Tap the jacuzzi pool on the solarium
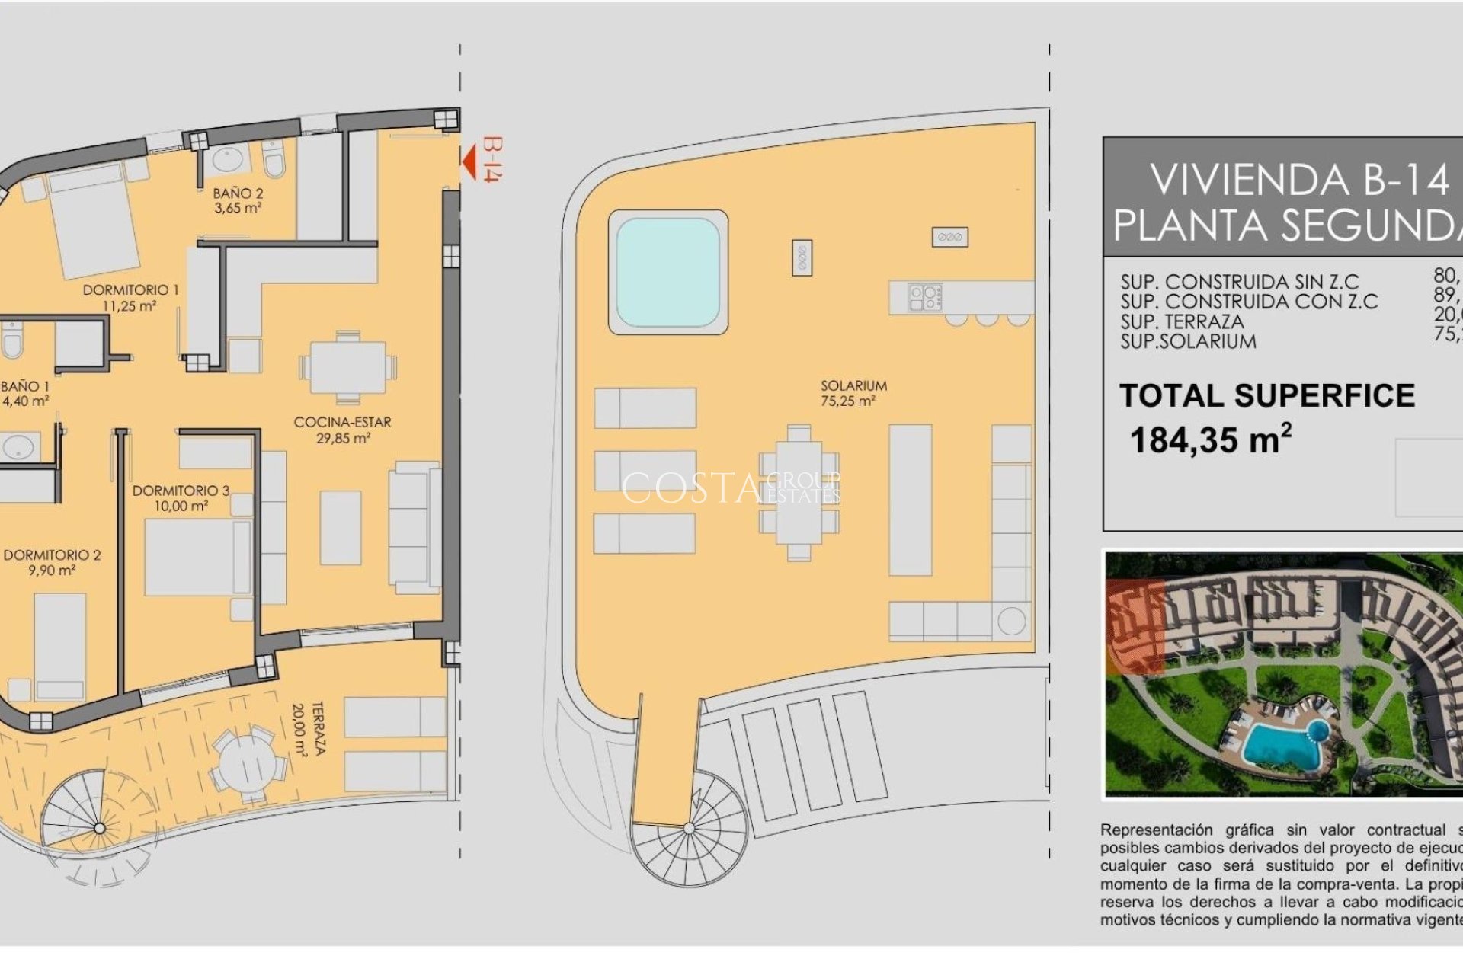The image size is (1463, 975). [x=667, y=272]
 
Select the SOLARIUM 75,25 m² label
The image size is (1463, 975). [x=853, y=393]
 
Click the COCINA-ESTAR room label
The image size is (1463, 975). [x=343, y=430]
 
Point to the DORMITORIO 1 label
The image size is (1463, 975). [x=130, y=297]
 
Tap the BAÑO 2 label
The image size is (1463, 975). [x=238, y=200]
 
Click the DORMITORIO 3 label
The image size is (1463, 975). [x=181, y=497]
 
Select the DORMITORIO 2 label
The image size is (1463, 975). [x=52, y=562]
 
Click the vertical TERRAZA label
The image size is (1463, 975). [x=309, y=728]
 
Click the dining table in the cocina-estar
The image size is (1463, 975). [x=347, y=368]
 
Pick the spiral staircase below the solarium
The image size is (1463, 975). [x=690, y=830]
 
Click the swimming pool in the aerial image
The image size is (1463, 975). [x=1284, y=743]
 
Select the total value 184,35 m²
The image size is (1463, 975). [x=1210, y=440]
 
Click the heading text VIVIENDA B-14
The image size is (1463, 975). [x=1298, y=181]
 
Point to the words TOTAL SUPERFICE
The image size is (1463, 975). [x=1266, y=395]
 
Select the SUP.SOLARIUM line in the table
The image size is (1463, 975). [x=1188, y=342]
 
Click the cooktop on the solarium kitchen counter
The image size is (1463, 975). [x=925, y=297]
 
